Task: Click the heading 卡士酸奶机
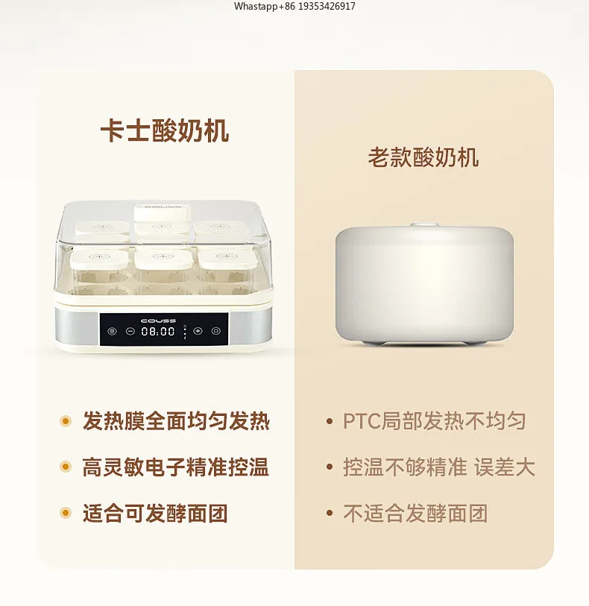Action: coord(165,130)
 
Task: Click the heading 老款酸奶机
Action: coord(423,157)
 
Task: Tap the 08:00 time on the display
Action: coord(158,332)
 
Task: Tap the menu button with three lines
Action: coord(112,332)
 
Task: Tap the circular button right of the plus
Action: coord(216,332)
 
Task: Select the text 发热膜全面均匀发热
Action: coord(176,421)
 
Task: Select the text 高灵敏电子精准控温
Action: coord(176,467)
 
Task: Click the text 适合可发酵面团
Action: coord(155,514)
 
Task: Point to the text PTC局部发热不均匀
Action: coord(434,421)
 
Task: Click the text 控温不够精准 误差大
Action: coord(439,467)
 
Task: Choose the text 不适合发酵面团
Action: coord(415,514)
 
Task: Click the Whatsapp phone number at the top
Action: coord(294,7)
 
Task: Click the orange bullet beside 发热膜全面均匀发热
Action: coord(66,422)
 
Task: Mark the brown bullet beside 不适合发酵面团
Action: coord(329,514)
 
